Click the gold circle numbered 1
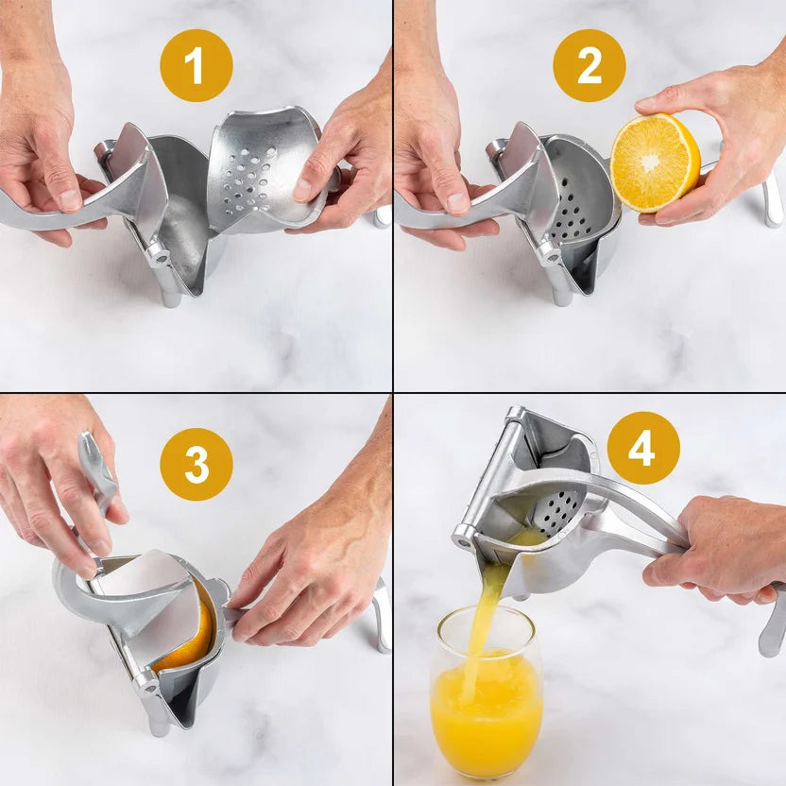pyautogui.click(x=196, y=66)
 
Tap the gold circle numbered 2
pyautogui.click(x=589, y=66)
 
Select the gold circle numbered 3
pyautogui.click(x=196, y=464)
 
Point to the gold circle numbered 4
pyautogui.click(x=643, y=448)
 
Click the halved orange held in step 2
pyautogui.click(x=655, y=162)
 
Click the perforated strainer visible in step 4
pyautogui.click(x=559, y=511)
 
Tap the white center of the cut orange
pyautogui.click(x=650, y=162)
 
